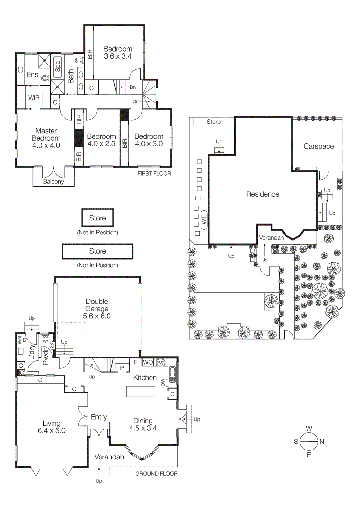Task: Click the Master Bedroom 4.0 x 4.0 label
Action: pyautogui.click(x=46, y=138)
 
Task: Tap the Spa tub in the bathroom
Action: pyautogui.click(x=57, y=67)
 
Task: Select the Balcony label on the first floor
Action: pyautogui.click(x=53, y=181)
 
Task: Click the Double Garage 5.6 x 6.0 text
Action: pyautogui.click(x=97, y=309)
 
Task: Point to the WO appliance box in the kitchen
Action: pyautogui.click(x=148, y=362)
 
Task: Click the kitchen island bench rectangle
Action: pyautogui.click(x=141, y=391)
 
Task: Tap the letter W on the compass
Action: pyautogui.click(x=309, y=428)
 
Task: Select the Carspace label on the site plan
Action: pyautogui.click(x=319, y=146)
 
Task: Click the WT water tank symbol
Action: pyautogui.click(x=204, y=220)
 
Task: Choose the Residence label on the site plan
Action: pyautogui.click(x=263, y=194)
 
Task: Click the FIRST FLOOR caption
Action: pyautogui.click(x=154, y=173)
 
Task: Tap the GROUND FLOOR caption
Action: pyautogui.click(x=156, y=473)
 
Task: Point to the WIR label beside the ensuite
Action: pyautogui.click(x=34, y=98)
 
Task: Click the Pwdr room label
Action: pyautogui.click(x=46, y=356)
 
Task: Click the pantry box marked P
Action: pyautogui.click(x=122, y=367)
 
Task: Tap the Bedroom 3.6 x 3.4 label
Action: pyautogui.click(x=118, y=52)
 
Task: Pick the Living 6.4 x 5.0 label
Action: pyautogui.click(x=52, y=427)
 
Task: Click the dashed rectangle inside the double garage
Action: pyautogui.click(x=71, y=330)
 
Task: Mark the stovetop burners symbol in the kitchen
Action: pyautogui.click(x=161, y=362)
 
